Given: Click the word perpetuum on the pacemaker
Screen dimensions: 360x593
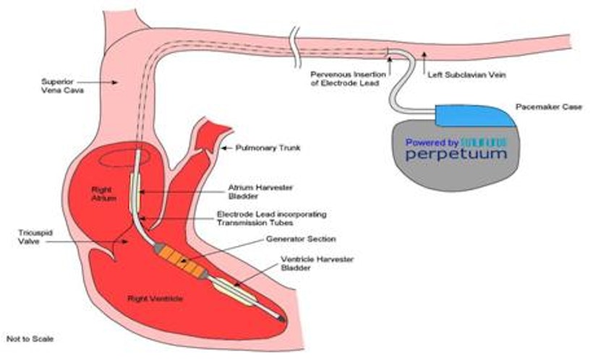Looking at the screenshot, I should click(456, 155).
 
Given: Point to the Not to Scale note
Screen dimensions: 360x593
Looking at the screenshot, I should click(29, 338).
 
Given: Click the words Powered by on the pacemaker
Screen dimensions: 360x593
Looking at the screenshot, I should click(432, 143).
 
